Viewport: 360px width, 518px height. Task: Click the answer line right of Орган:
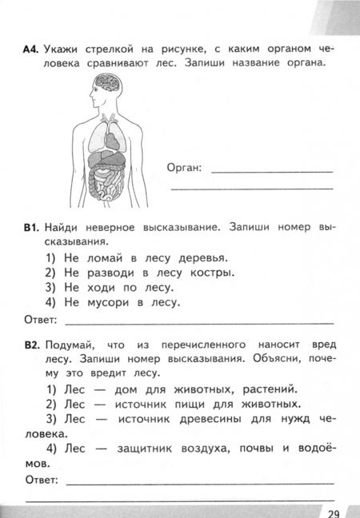(x=272, y=171)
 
